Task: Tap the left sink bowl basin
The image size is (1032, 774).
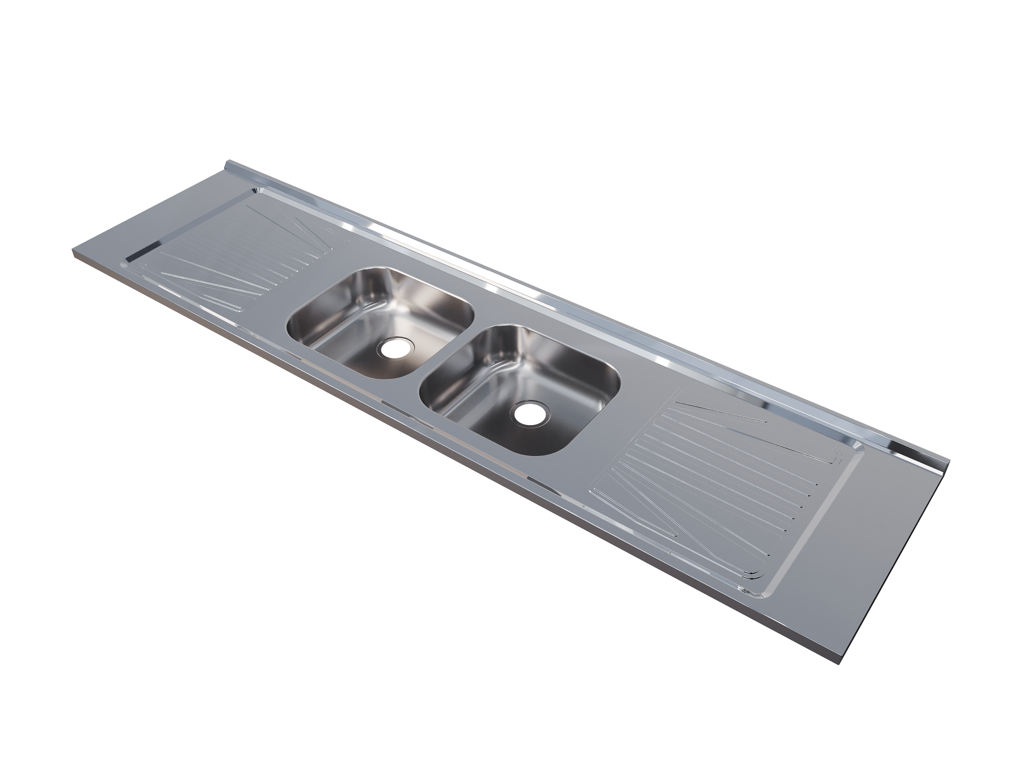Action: [x=375, y=324]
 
